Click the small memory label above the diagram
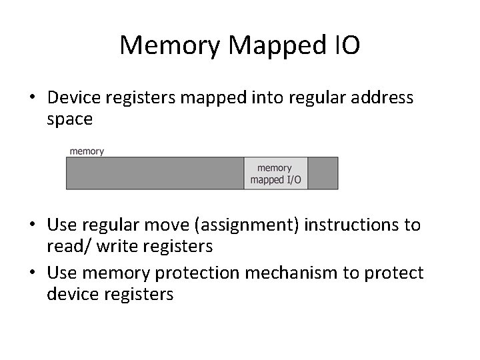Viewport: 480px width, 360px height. click(x=87, y=151)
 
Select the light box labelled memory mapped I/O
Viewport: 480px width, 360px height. click(x=275, y=173)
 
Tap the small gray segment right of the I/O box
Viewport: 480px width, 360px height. click(x=323, y=173)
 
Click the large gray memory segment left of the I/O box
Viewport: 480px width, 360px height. click(x=155, y=173)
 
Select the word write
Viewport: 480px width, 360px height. click(x=115, y=247)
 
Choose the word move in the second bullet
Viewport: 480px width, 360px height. click(x=164, y=225)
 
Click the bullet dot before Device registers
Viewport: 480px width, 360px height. click(x=32, y=99)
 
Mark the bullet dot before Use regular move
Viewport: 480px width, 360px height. click(x=32, y=225)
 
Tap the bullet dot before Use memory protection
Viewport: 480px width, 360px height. click(x=32, y=273)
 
